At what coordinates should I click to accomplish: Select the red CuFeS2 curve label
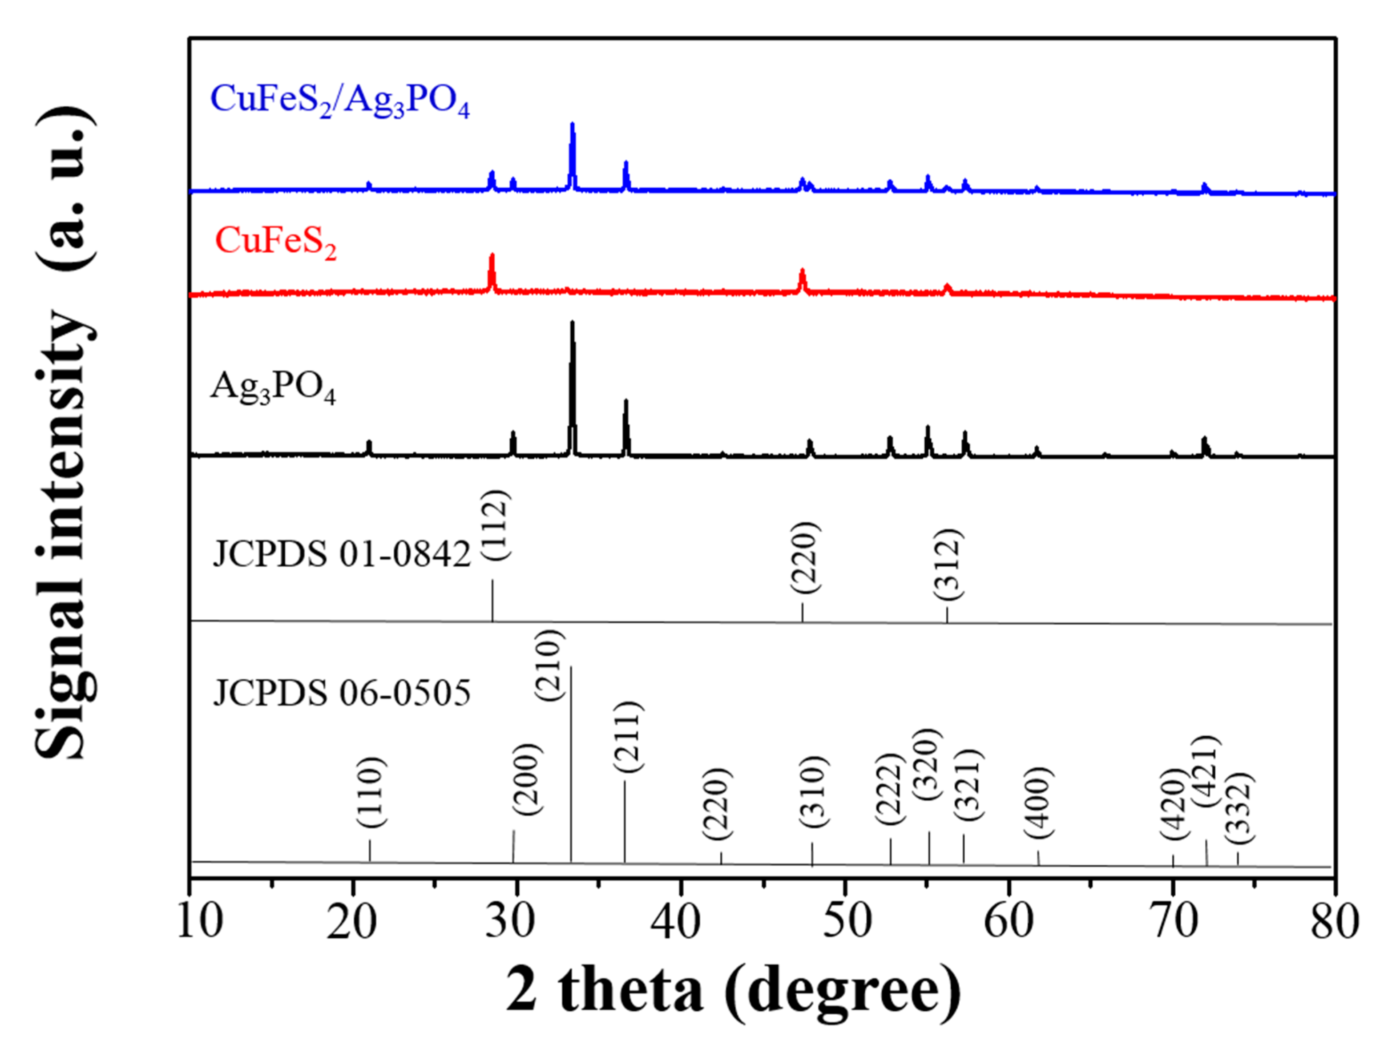275,242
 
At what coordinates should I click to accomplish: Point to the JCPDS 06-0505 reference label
342,693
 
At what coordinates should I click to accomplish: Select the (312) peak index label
948,565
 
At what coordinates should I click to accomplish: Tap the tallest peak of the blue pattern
572,125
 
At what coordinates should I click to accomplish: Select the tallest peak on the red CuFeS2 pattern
492,255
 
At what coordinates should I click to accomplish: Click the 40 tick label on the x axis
675,921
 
